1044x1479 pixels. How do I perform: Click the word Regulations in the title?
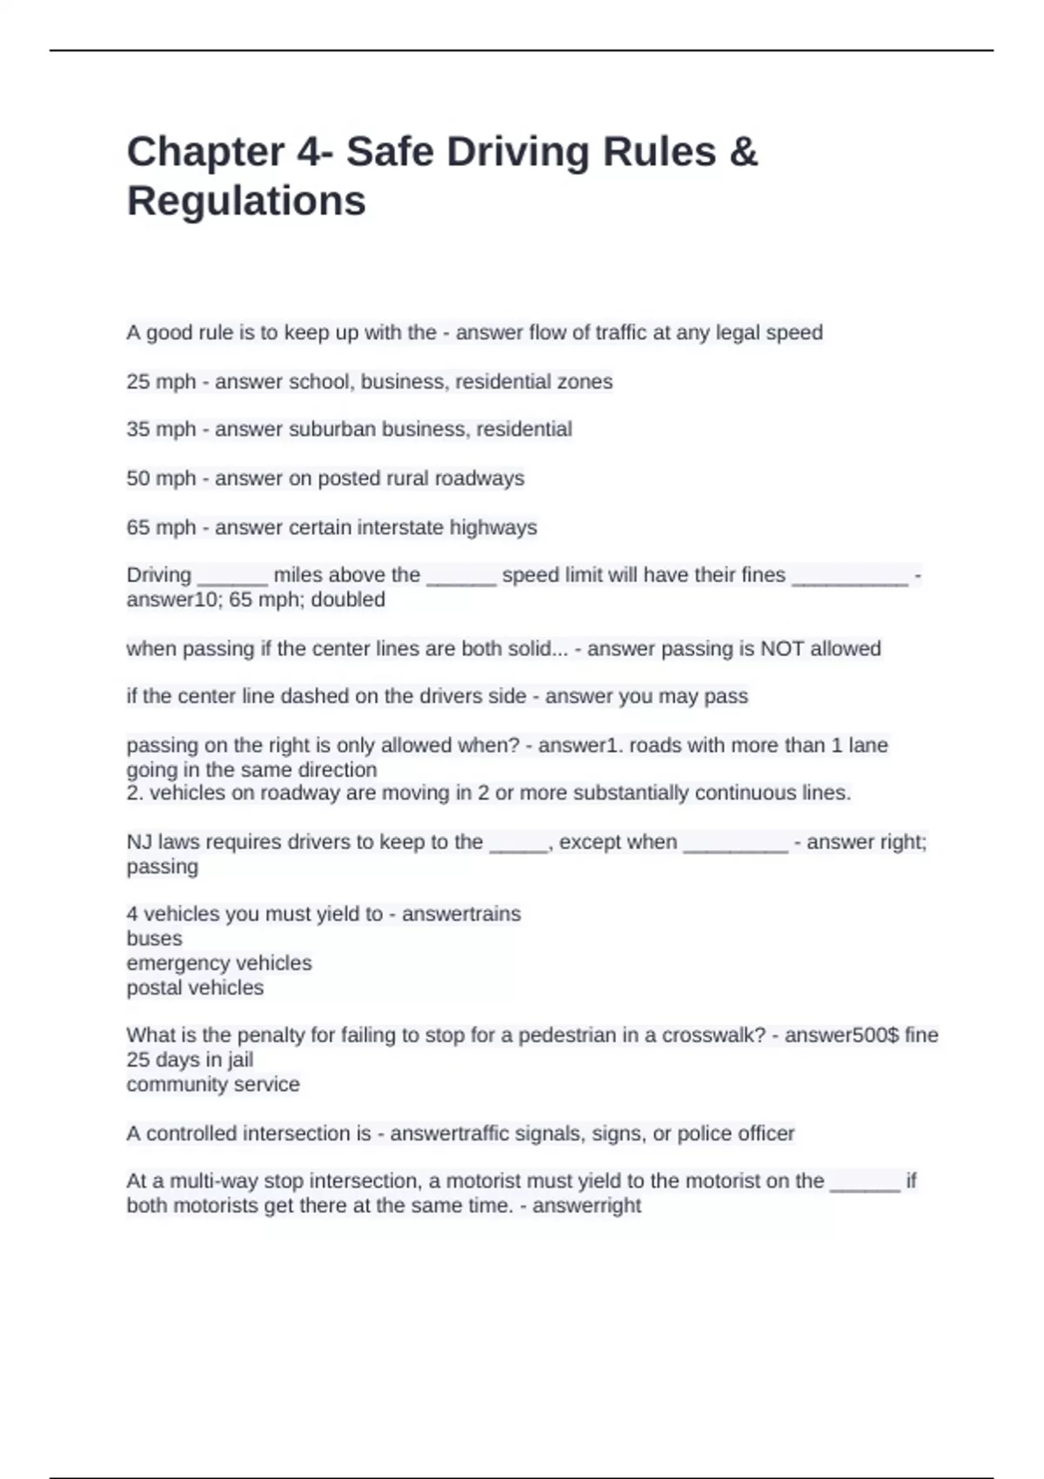(x=246, y=201)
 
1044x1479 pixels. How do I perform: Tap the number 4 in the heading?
(x=308, y=152)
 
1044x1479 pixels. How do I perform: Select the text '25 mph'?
(x=161, y=382)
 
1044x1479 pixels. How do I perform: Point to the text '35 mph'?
(x=161, y=430)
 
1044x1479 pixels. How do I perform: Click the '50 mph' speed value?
(x=161, y=478)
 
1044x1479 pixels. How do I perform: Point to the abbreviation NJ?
(x=139, y=842)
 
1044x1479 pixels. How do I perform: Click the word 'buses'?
(x=154, y=939)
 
